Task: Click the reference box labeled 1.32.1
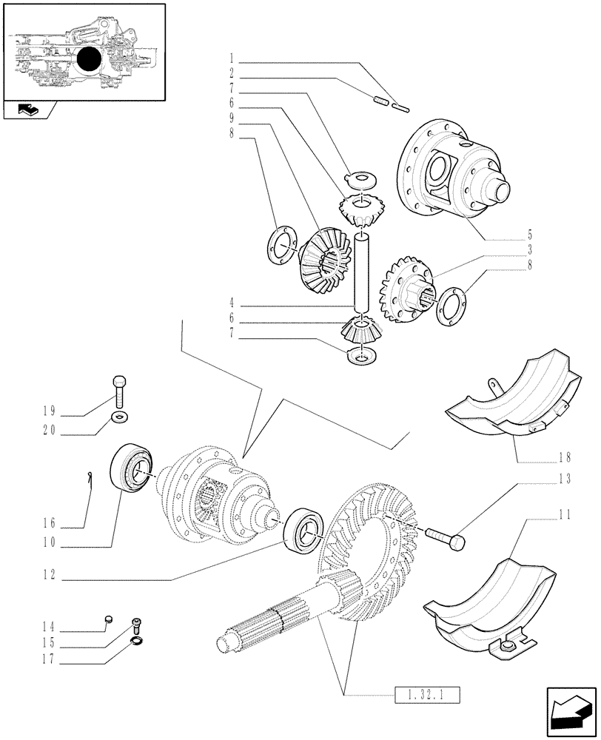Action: tap(424, 695)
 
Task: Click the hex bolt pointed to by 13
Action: tap(446, 536)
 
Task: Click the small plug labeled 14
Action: tap(108, 619)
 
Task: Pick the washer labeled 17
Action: tap(136, 639)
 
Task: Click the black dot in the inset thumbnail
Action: tap(90, 59)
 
